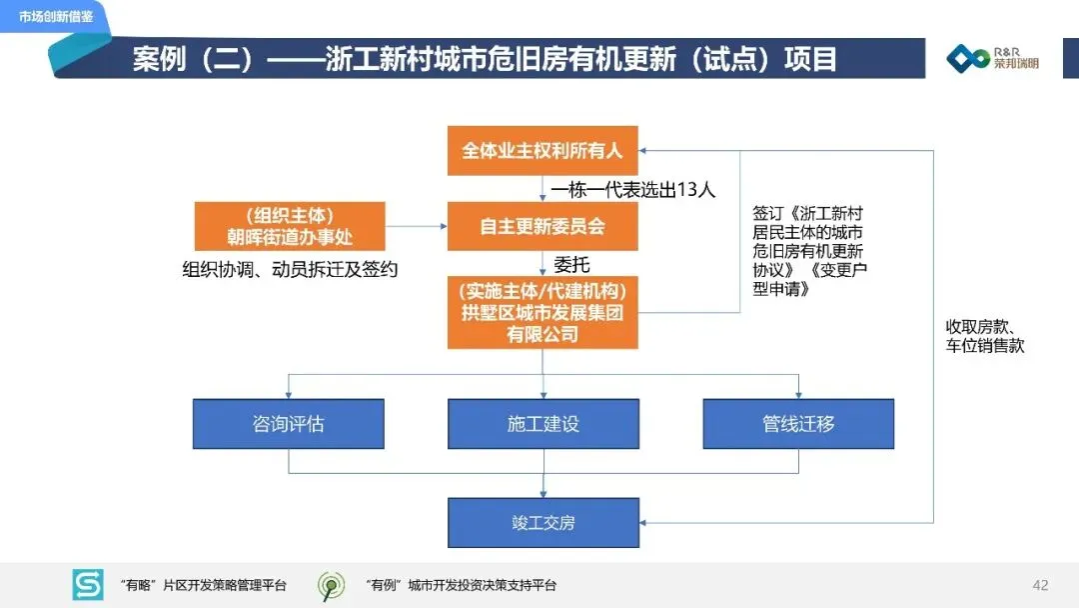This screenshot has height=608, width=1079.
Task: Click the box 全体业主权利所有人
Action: coord(542,152)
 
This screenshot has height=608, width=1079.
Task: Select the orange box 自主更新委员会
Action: coord(542,227)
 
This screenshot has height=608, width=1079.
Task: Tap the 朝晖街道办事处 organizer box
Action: coord(290,227)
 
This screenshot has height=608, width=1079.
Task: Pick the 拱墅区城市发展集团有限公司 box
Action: coord(542,313)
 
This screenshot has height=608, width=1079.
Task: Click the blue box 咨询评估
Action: coord(288,423)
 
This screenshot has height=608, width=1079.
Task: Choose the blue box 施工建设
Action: coord(542,423)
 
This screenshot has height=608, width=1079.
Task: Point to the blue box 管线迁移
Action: coord(798,423)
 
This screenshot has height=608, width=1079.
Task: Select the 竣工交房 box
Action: coord(542,522)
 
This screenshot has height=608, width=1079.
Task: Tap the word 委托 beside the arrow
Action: coord(571,265)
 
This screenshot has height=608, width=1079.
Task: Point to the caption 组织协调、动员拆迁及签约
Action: coord(290,269)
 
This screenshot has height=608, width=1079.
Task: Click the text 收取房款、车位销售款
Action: coord(985,336)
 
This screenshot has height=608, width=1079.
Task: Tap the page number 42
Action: coord(1040,585)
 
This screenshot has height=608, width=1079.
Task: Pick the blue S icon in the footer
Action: coord(88,585)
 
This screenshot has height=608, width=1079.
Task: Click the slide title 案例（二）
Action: coord(485,58)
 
